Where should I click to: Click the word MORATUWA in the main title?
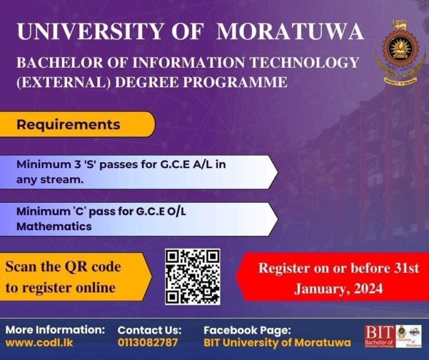[x=290, y=32]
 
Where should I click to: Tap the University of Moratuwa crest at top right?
[x=399, y=53]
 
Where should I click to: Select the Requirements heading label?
[x=68, y=124]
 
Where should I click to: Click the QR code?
[x=193, y=277]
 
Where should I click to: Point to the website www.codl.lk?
[x=39, y=342]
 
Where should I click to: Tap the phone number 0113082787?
[x=147, y=342]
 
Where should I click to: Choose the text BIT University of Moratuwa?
[x=277, y=342]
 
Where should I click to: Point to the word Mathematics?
[x=54, y=227]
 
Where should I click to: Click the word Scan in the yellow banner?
[x=21, y=267]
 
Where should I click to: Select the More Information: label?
[x=55, y=329]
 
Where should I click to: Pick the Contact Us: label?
[x=149, y=329]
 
